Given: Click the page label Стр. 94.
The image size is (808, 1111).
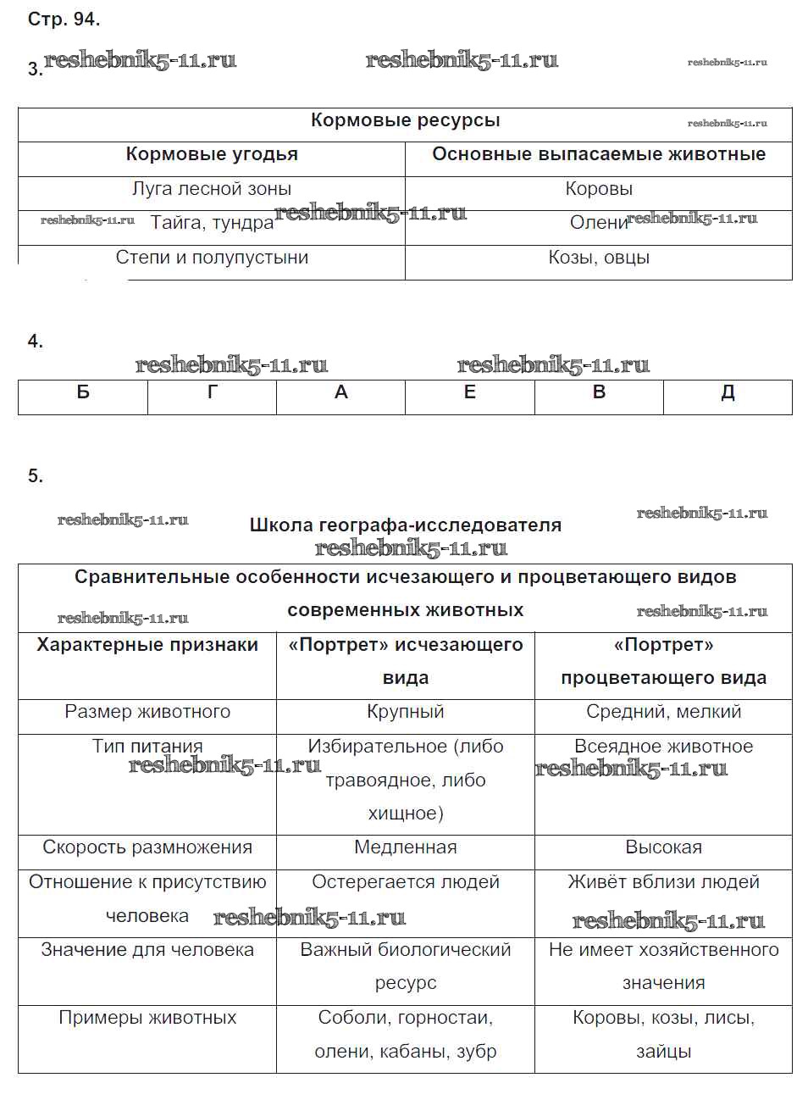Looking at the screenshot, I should click(x=64, y=19).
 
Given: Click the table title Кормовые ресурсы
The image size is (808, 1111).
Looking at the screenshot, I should click(x=405, y=120).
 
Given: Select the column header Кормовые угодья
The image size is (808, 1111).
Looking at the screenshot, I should click(x=212, y=154).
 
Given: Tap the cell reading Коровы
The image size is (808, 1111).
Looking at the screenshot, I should click(x=599, y=189).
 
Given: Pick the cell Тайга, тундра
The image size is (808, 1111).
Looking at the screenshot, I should click(x=212, y=223).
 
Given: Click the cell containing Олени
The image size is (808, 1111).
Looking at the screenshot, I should click(x=598, y=223).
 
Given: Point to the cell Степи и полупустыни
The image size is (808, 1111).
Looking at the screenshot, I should click(x=212, y=258).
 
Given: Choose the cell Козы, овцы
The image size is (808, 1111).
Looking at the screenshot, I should click(x=599, y=258).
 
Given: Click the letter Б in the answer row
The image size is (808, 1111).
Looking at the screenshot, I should click(x=83, y=392).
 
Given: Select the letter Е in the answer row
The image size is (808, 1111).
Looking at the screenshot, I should click(x=470, y=392).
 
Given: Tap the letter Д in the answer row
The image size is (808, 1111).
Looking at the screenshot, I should click(x=728, y=392).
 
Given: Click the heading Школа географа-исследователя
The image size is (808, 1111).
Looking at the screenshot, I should click(x=405, y=525).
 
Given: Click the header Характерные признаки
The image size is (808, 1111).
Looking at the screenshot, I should click(x=147, y=645).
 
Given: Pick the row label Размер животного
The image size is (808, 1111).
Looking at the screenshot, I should click(x=147, y=712).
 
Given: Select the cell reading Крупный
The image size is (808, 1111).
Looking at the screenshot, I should click(x=405, y=712).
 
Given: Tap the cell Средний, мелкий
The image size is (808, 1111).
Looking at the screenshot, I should click(x=663, y=712).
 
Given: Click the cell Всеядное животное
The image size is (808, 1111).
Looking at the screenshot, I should click(x=663, y=747).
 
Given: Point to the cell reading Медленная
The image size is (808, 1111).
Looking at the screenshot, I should click(x=405, y=847).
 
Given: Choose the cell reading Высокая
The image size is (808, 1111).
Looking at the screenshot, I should click(x=663, y=847).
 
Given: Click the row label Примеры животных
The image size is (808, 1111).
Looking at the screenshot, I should click(x=147, y=1018).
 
